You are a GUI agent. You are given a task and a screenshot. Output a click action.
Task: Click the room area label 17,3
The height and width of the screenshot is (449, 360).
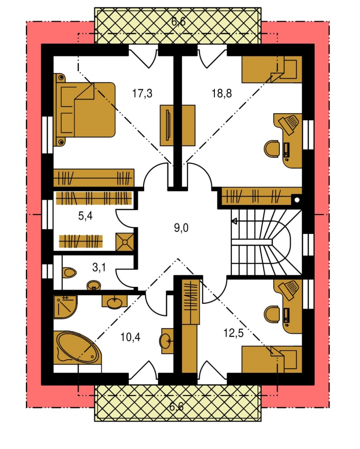click(142, 93)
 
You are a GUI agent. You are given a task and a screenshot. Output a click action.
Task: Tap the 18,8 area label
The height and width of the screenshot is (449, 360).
click(222, 93)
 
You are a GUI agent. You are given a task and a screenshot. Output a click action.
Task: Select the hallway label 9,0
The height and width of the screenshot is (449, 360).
click(181, 228)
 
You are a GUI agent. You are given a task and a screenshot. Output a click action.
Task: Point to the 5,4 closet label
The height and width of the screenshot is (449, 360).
click(85, 216)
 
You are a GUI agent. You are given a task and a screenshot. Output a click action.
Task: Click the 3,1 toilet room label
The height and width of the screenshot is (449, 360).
click(99, 267)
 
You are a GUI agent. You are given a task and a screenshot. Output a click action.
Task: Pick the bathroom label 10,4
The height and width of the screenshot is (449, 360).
click(130, 337)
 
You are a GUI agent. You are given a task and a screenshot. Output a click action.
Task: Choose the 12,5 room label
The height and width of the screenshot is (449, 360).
click(233, 333)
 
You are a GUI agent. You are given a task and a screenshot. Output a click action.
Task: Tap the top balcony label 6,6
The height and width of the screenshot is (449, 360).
click(179, 21)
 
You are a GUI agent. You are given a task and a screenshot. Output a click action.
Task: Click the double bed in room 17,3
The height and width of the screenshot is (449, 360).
click(84, 109)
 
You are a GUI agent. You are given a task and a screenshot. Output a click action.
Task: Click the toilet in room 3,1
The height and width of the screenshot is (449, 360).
click(69, 272)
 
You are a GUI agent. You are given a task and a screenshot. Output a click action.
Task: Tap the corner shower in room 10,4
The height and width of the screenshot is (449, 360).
click(65, 306)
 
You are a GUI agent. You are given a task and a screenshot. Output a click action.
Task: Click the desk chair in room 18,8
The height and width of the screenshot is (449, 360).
click(271, 149)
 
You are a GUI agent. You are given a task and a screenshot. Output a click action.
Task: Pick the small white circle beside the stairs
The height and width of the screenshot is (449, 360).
click(297, 200)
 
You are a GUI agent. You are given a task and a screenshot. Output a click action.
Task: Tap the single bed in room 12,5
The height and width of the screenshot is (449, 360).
click(272, 359)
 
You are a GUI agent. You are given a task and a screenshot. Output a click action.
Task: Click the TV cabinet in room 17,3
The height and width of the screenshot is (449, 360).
click(178, 126)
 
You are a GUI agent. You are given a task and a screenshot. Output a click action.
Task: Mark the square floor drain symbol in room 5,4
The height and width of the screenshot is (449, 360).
click(125, 242)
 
